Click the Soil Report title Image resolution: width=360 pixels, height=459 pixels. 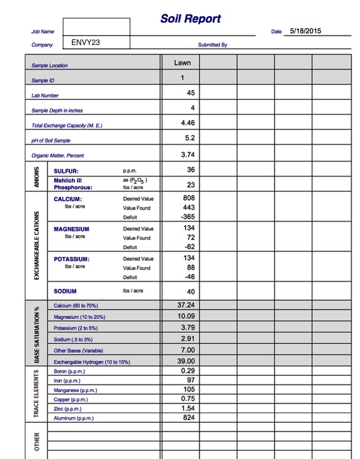(x=191, y=19)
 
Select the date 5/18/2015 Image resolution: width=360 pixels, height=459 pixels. (x=305, y=30)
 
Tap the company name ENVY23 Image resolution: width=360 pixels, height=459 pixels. (x=86, y=43)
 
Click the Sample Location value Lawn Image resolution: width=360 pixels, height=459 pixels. (x=182, y=63)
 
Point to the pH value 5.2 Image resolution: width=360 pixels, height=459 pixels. (x=190, y=138)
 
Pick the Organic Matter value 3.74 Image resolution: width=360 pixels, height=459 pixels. (x=188, y=154)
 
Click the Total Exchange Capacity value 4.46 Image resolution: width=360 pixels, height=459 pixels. (x=187, y=123)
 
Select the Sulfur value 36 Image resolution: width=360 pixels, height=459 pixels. (x=191, y=169)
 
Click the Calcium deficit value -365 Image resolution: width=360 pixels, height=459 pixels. (x=187, y=216)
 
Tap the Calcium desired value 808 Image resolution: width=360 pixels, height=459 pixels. (x=189, y=198)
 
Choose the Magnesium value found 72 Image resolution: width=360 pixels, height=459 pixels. (x=191, y=238)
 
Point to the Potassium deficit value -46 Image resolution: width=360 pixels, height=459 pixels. (x=189, y=276)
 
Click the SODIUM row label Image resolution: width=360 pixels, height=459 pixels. (x=65, y=291)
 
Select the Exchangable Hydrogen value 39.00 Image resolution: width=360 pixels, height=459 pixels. (x=187, y=361)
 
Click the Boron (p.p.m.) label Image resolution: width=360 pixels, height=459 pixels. (x=69, y=371)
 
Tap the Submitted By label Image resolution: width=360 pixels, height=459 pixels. (x=212, y=45)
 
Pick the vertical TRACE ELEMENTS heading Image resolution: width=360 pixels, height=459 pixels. (x=36, y=394)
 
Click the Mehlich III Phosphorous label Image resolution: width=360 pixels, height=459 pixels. (x=73, y=184)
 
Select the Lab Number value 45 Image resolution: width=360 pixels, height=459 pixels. (x=191, y=93)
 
